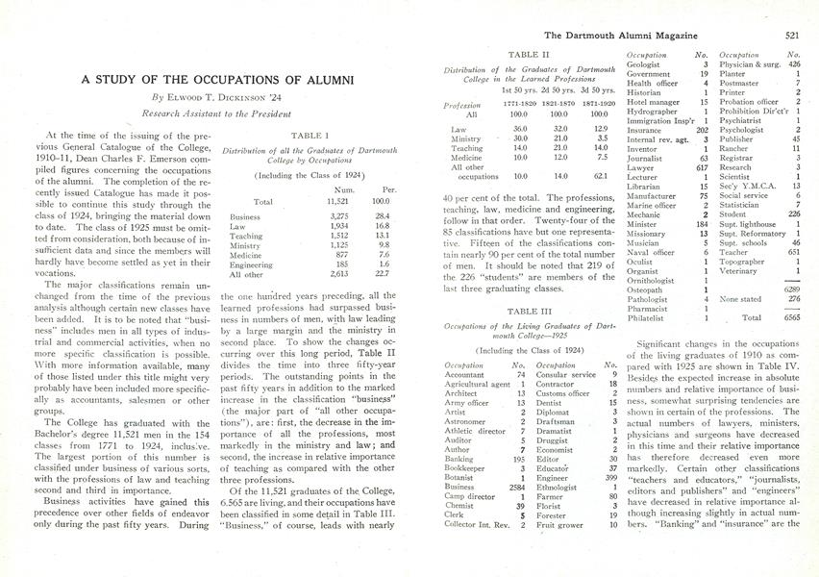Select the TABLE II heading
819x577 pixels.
pos(528,56)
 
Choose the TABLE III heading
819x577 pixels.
pos(528,312)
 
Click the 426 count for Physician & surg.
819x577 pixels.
pos(793,64)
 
